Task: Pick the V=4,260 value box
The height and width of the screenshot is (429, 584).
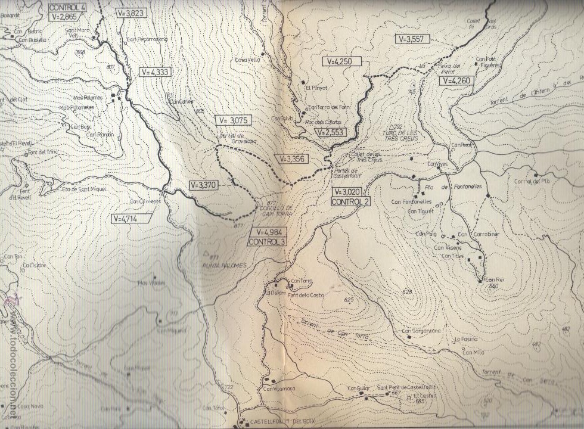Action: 456,80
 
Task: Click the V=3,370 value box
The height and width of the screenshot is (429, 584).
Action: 203,185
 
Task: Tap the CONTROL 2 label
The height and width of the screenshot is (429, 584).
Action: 351,202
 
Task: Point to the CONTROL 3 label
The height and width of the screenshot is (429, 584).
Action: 267,242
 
